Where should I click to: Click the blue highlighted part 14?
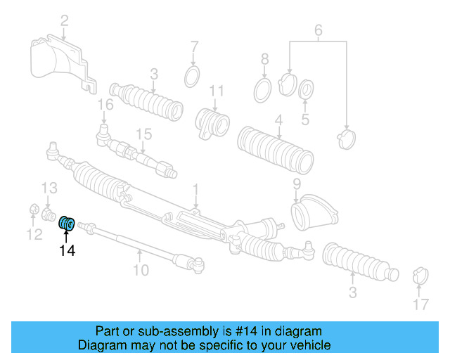click(x=67, y=223)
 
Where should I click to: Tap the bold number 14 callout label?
click(x=67, y=249)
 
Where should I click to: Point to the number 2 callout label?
click(x=64, y=21)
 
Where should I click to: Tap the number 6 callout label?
click(x=318, y=30)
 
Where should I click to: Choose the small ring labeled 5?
click(x=307, y=90)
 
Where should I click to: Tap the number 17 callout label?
click(x=420, y=304)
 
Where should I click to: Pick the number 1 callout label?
click(x=195, y=188)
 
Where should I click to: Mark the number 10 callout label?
click(x=141, y=269)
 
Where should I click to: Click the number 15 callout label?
click(x=143, y=134)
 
